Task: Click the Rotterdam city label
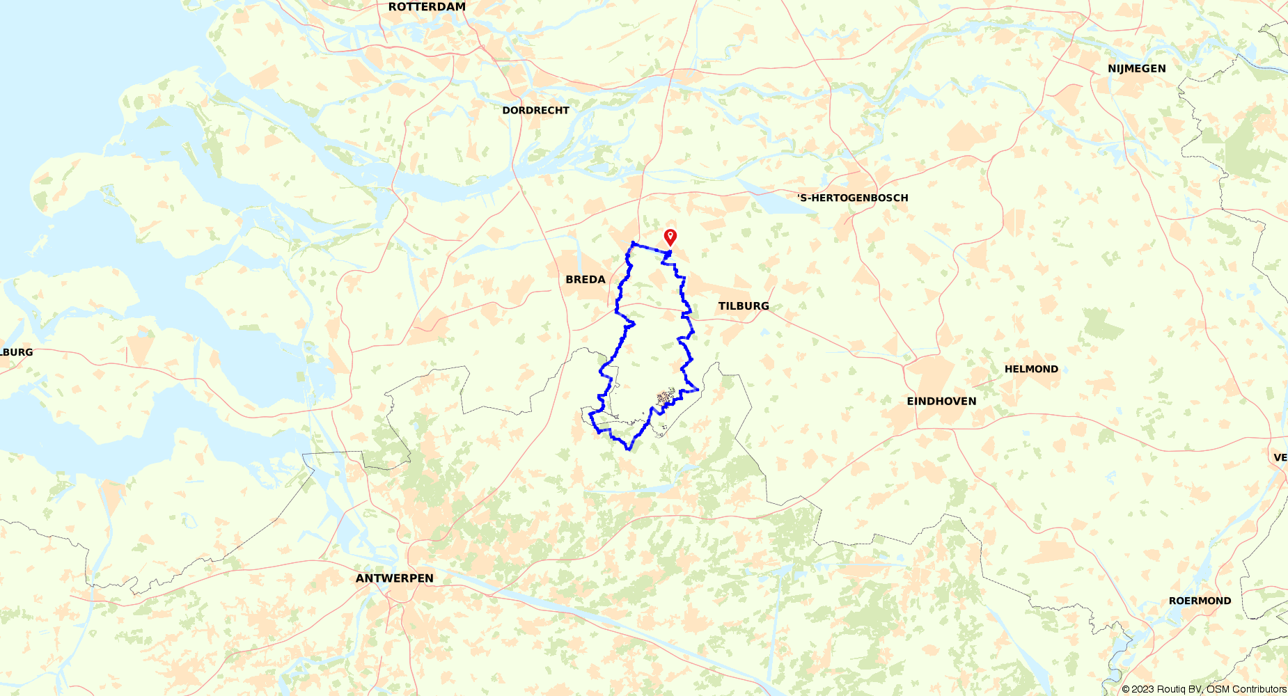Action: (427, 7)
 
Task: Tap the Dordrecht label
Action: (535, 110)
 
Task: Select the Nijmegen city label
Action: (1136, 68)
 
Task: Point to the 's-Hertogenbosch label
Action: (853, 198)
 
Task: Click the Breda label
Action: (585, 279)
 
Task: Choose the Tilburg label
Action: (744, 306)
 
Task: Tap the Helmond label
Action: (1031, 369)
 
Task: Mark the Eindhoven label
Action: (941, 401)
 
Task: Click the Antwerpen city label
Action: (394, 578)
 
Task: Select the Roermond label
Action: (1200, 601)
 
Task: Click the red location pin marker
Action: (670, 237)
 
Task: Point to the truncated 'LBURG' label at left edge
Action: (17, 352)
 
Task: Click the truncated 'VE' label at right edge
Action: (1280, 457)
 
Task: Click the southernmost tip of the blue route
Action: (629, 450)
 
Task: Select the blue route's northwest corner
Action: (632, 242)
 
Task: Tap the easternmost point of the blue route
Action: (698, 389)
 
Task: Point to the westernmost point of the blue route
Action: (590, 414)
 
